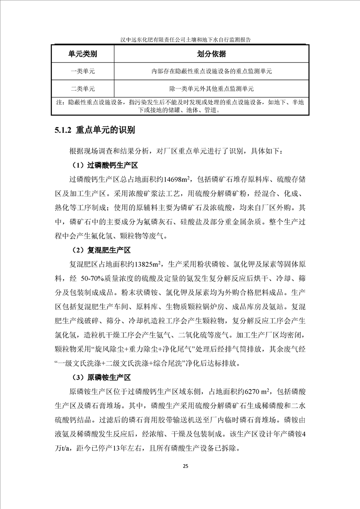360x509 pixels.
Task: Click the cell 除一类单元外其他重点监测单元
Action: click(212, 88)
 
